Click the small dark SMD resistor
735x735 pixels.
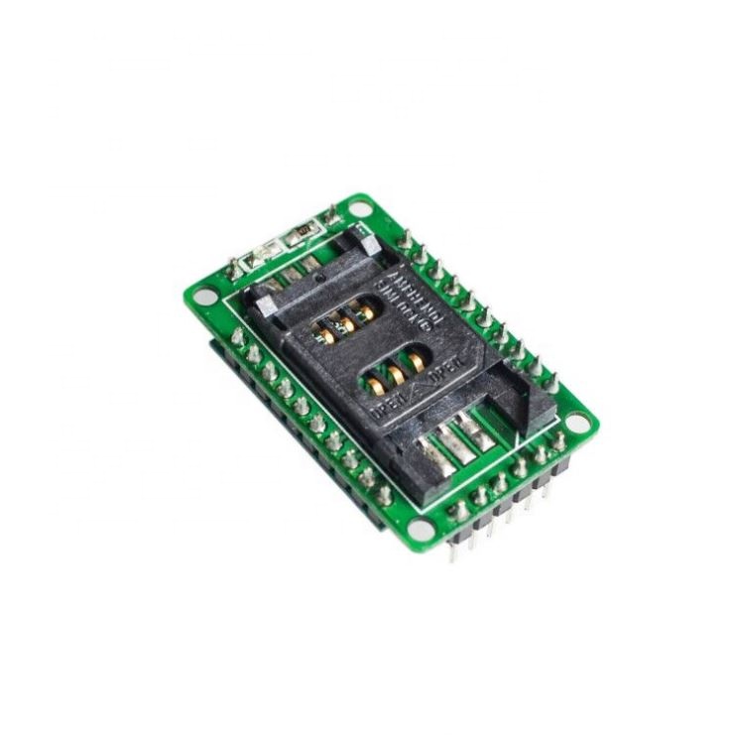[x=300, y=235]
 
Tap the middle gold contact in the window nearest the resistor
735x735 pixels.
[x=343, y=319]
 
